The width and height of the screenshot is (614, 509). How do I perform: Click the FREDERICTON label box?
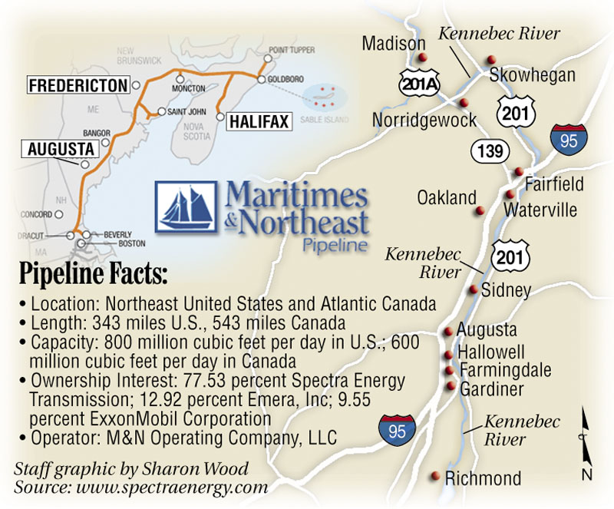(x=78, y=86)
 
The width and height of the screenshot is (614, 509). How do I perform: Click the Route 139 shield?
(x=490, y=151)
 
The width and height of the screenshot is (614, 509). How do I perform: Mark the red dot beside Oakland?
(x=480, y=210)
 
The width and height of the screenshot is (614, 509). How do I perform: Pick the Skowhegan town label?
(x=532, y=75)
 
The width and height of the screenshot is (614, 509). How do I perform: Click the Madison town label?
(x=394, y=43)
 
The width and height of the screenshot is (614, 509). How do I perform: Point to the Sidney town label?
(x=506, y=290)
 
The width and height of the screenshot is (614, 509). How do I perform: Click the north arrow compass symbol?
(x=586, y=446)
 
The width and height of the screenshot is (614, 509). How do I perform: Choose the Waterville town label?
(x=540, y=209)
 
